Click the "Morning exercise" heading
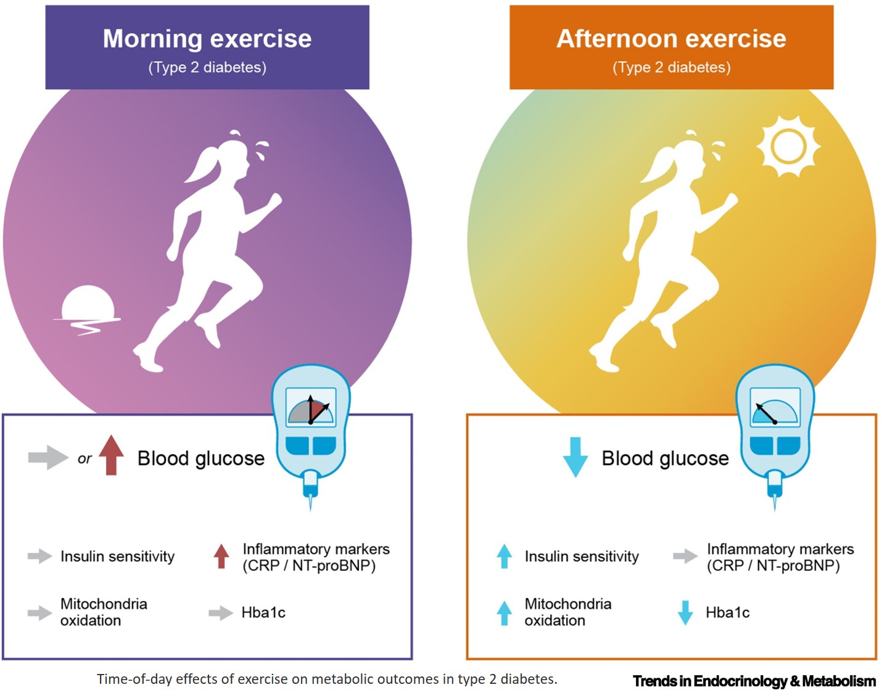207,39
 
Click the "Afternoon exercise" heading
671,39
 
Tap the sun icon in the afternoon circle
788,147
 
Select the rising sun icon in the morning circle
88,306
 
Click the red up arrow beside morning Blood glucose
111,455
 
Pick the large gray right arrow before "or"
47,457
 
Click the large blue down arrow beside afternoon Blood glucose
575,457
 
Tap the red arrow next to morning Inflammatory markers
221,556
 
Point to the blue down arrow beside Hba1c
685,612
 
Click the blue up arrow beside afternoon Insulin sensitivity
505,556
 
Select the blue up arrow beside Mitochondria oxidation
505,612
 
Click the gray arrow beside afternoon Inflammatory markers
685,556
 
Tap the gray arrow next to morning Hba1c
220,612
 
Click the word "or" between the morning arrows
84,459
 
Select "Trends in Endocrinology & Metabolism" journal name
754,681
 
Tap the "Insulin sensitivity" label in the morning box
117,556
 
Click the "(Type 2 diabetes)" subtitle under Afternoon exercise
671,67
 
